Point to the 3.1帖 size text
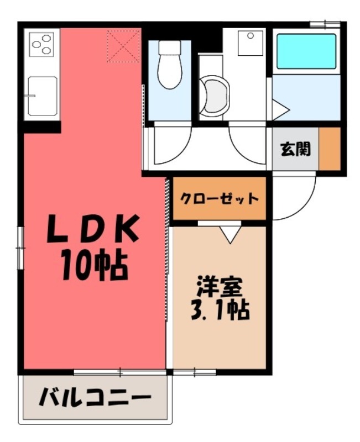220,311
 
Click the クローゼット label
220,198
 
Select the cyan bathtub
306,51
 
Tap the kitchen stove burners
42,44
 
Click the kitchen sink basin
41,96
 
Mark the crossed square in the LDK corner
123,46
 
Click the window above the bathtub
324,23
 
